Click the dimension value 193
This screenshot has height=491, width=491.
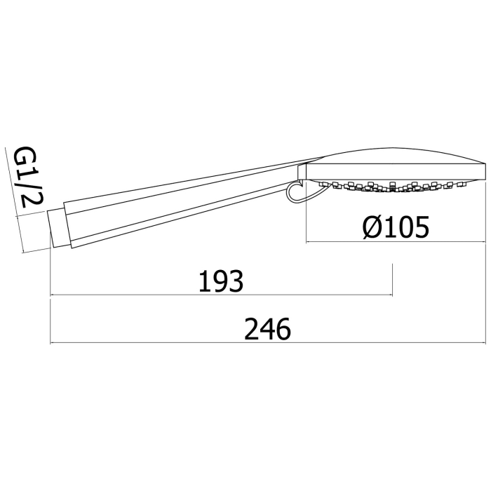pos(220,281)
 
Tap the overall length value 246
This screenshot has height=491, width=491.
pos(267,328)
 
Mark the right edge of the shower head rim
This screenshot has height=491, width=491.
pos(485,170)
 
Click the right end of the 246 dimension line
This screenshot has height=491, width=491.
pos(485,343)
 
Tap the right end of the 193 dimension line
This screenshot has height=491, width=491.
pos(392,295)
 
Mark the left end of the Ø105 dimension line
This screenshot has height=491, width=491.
pos(307,243)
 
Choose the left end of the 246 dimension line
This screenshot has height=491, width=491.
pos(51,343)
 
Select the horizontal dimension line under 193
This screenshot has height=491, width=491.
pos(221,295)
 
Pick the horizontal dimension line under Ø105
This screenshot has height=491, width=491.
pos(396,243)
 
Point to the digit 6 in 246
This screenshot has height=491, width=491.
pos(282,328)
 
